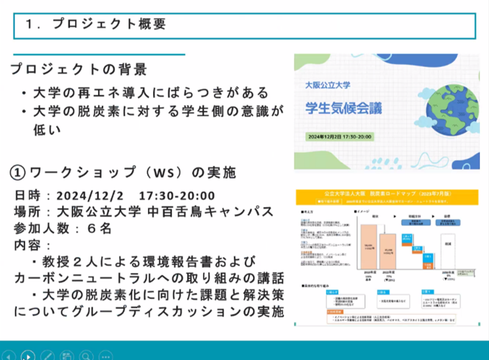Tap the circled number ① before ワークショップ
point(19,173)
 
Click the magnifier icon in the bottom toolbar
point(86,355)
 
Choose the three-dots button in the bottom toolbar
point(106,355)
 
